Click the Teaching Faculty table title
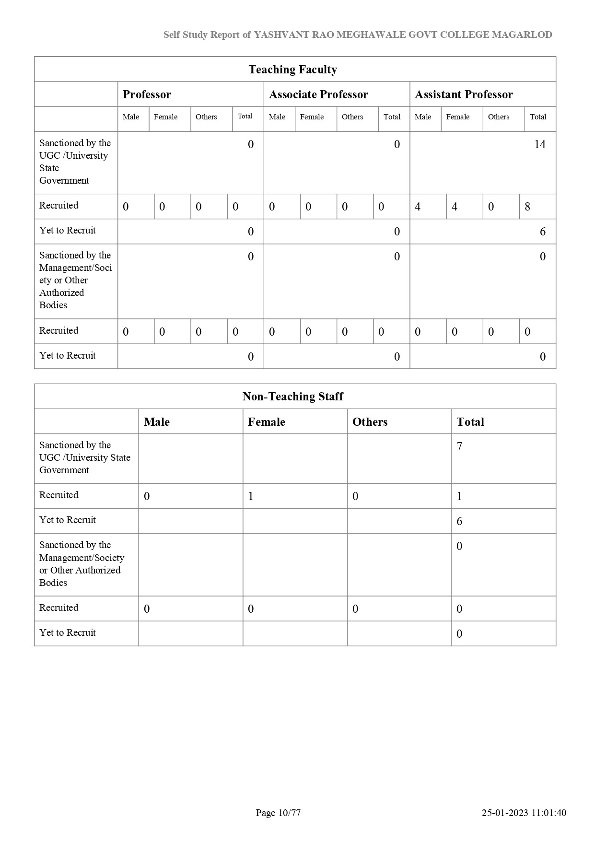pyautogui.click(x=292, y=70)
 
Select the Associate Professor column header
pyautogui.click(x=318, y=94)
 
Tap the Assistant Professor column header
pyautogui.click(x=464, y=94)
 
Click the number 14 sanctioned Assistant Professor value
pyautogui.click(x=539, y=144)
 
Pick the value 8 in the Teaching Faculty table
pyautogui.click(x=527, y=207)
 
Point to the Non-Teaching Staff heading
pyautogui.click(x=292, y=397)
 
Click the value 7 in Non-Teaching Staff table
pyautogui.click(x=459, y=446)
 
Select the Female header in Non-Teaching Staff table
pyautogui.click(x=266, y=422)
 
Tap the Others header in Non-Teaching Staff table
pyautogui.click(x=370, y=422)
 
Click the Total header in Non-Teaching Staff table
pyautogui.click(x=470, y=422)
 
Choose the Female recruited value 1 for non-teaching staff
pyautogui.click(x=251, y=496)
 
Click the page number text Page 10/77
pyautogui.click(x=278, y=813)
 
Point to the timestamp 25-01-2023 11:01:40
pyautogui.click(x=524, y=813)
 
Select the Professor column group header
pyautogui.click(x=147, y=94)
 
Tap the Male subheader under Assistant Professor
pyautogui.click(x=423, y=117)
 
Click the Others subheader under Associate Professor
pyautogui.click(x=352, y=117)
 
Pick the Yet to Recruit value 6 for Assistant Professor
pyautogui.click(x=542, y=232)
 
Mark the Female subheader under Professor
pyautogui.click(x=165, y=117)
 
